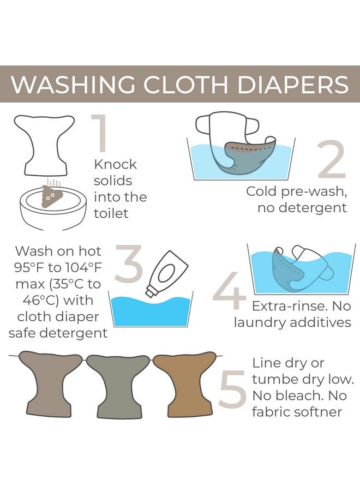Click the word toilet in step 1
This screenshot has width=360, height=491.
coord(110,213)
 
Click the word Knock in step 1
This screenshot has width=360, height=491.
coord(115,164)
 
